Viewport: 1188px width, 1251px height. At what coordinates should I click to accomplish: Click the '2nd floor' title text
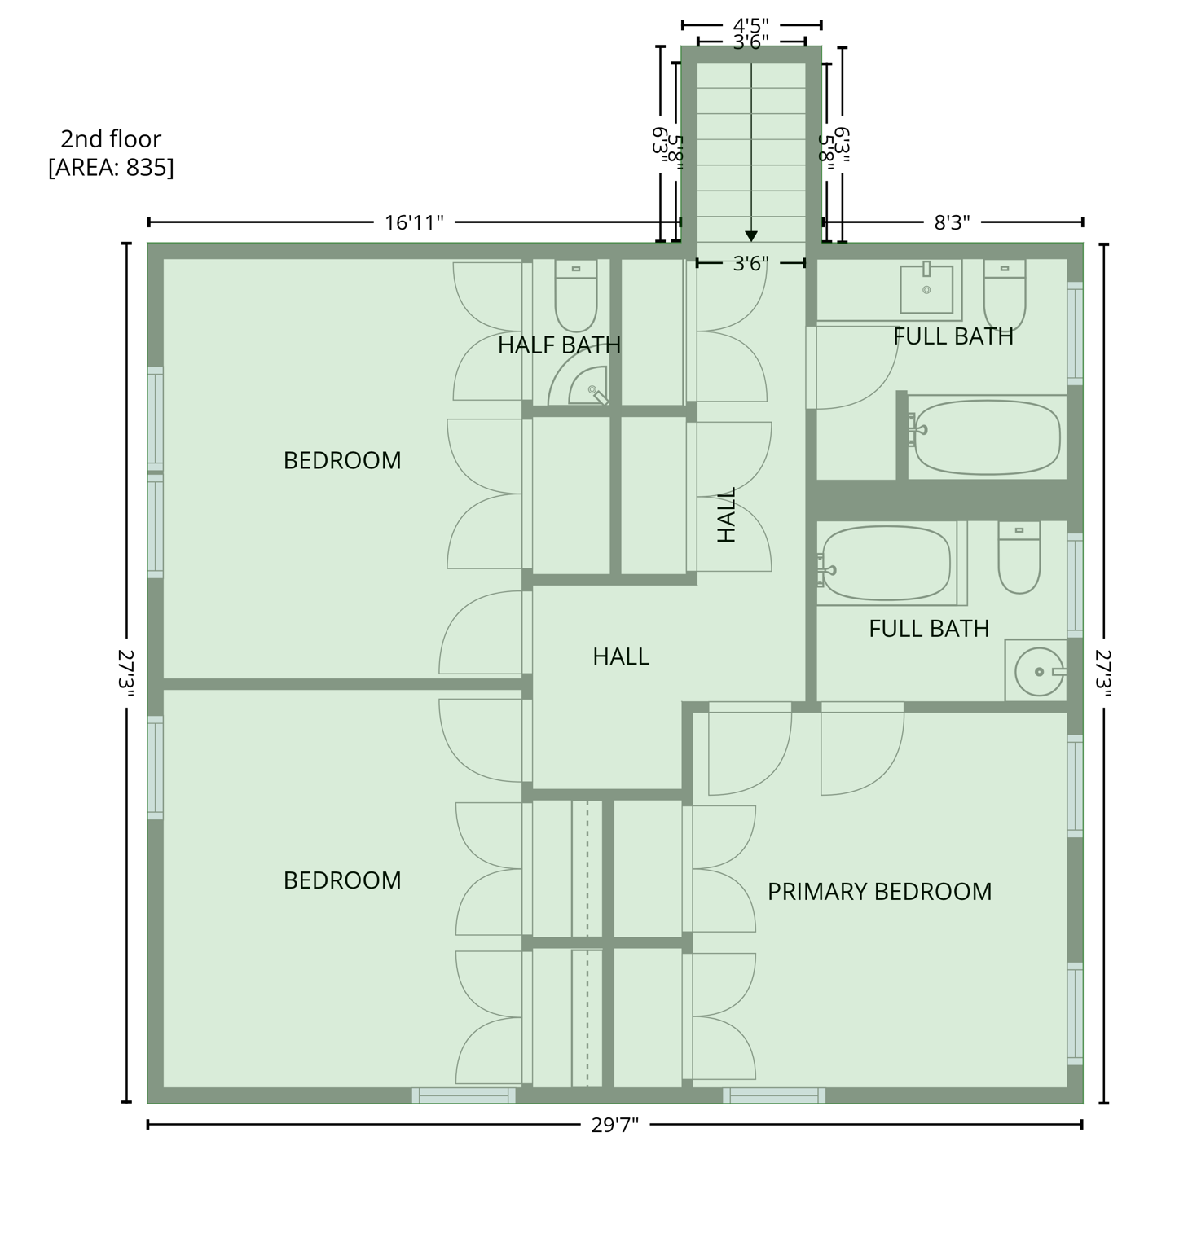pyautogui.click(x=111, y=138)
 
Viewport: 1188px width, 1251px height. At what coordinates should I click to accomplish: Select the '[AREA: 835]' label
pyautogui.click(x=111, y=167)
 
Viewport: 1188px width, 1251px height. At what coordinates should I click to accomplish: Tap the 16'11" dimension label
pyautogui.click(x=414, y=222)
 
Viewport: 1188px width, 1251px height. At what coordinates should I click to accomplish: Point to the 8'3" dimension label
pyautogui.click(x=952, y=222)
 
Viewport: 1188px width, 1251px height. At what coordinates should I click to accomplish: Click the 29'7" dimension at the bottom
pyautogui.click(x=615, y=1125)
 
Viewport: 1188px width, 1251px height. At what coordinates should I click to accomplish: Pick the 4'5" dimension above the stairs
pyautogui.click(x=751, y=25)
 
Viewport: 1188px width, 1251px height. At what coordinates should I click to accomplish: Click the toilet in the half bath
pyautogui.click(x=575, y=295)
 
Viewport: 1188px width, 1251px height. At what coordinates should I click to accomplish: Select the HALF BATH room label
pyautogui.click(x=559, y=345)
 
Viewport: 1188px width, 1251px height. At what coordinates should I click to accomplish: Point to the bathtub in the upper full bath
pyautogui.click(x=986, y=437)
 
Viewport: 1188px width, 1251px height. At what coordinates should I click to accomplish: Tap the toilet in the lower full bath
pyautogui.click(x=1019, y=558)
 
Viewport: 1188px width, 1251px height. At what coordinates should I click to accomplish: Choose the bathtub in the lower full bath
pyautogui.click(x=887, y=564)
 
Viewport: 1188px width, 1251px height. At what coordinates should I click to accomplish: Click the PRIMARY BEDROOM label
pyautogui.click(x=879, y=892)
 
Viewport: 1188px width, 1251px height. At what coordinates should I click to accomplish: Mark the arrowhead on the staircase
pyautogui.click(x=751, y=236)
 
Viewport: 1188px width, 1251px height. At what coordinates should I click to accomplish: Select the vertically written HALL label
pyautogui.click(x=726, y=515)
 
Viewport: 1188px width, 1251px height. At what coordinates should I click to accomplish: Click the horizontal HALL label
pyautogui.click(x=621, y=656)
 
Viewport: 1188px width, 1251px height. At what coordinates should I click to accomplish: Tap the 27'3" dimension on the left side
pyautogui.click(x=125, y=672)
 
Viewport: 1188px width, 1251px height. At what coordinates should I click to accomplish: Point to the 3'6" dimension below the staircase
pyautogui.click(x=750, y=263)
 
